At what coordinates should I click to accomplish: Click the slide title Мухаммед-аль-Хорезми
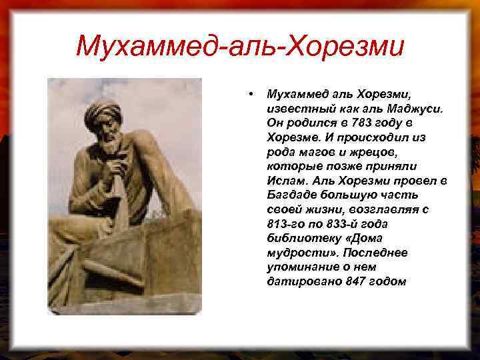[240, 46]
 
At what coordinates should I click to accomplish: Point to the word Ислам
[285, 181]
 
